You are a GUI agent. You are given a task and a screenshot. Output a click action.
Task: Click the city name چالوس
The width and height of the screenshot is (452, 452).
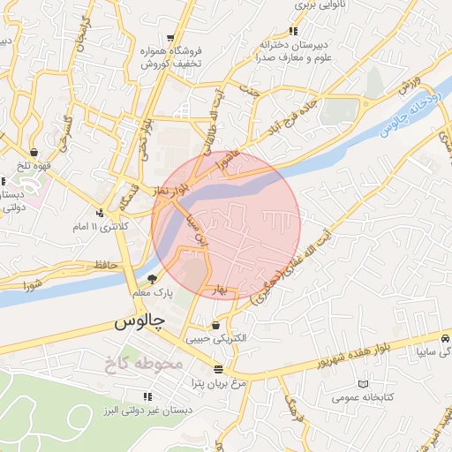tap(139, 322)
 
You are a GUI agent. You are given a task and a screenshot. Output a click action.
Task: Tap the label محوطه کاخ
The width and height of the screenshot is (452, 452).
tap(141, 362)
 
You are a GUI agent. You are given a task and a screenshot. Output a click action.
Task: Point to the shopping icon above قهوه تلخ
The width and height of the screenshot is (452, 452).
tap(33, 152)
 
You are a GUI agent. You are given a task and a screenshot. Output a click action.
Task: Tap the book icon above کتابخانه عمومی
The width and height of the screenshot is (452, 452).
tap(363, 385)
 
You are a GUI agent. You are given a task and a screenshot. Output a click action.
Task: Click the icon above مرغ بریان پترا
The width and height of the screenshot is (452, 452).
tap(218, 370)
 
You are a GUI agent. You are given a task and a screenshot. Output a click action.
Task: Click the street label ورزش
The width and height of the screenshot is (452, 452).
tap(405, 86)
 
